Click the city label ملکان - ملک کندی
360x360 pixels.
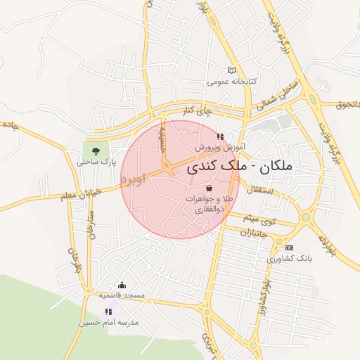point(240,168)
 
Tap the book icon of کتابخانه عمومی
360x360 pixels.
point(231,70)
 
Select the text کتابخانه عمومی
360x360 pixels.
point(231,82)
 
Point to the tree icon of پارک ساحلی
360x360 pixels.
point(96,150)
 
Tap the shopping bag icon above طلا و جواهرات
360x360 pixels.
point(210,188)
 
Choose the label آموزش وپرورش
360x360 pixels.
point(219,148)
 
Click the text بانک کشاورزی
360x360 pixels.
point(288,259)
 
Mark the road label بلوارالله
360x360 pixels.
point(333,249)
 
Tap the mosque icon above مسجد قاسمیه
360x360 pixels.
point(122,285)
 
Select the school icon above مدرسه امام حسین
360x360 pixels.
point(108,311)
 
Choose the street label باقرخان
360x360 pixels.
point(73,262)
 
